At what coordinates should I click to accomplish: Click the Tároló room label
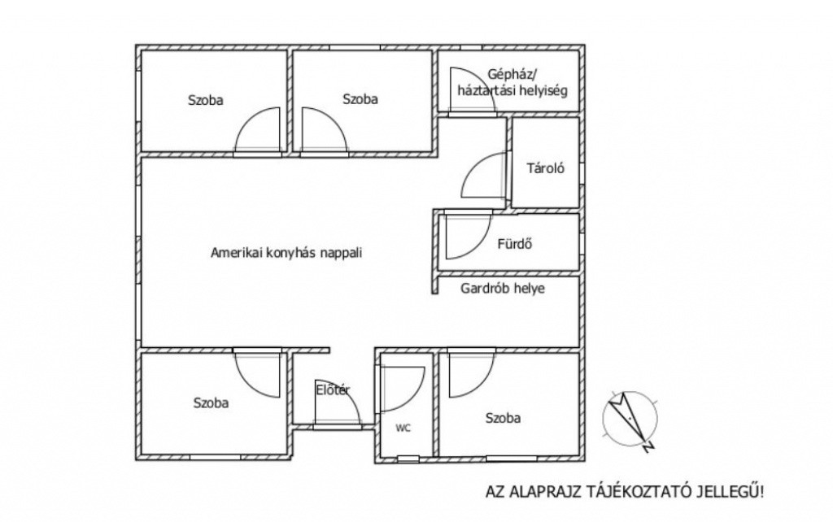(546, 169)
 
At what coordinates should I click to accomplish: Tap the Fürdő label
(514, 242)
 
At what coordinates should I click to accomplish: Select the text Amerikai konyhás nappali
(286, 253)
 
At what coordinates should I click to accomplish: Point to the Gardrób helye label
(503, 288)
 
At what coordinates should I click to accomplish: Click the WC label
(403, 428)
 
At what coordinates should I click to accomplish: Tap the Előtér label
(333, 390)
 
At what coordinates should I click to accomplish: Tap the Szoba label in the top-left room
(206, 100)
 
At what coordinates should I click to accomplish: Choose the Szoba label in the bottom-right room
(503, 419)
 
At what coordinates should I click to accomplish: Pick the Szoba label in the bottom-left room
(211, 402)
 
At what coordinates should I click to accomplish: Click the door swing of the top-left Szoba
(258, 132)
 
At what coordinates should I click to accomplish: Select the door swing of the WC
(400, 389)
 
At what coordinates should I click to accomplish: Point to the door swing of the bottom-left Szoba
(258, 372)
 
